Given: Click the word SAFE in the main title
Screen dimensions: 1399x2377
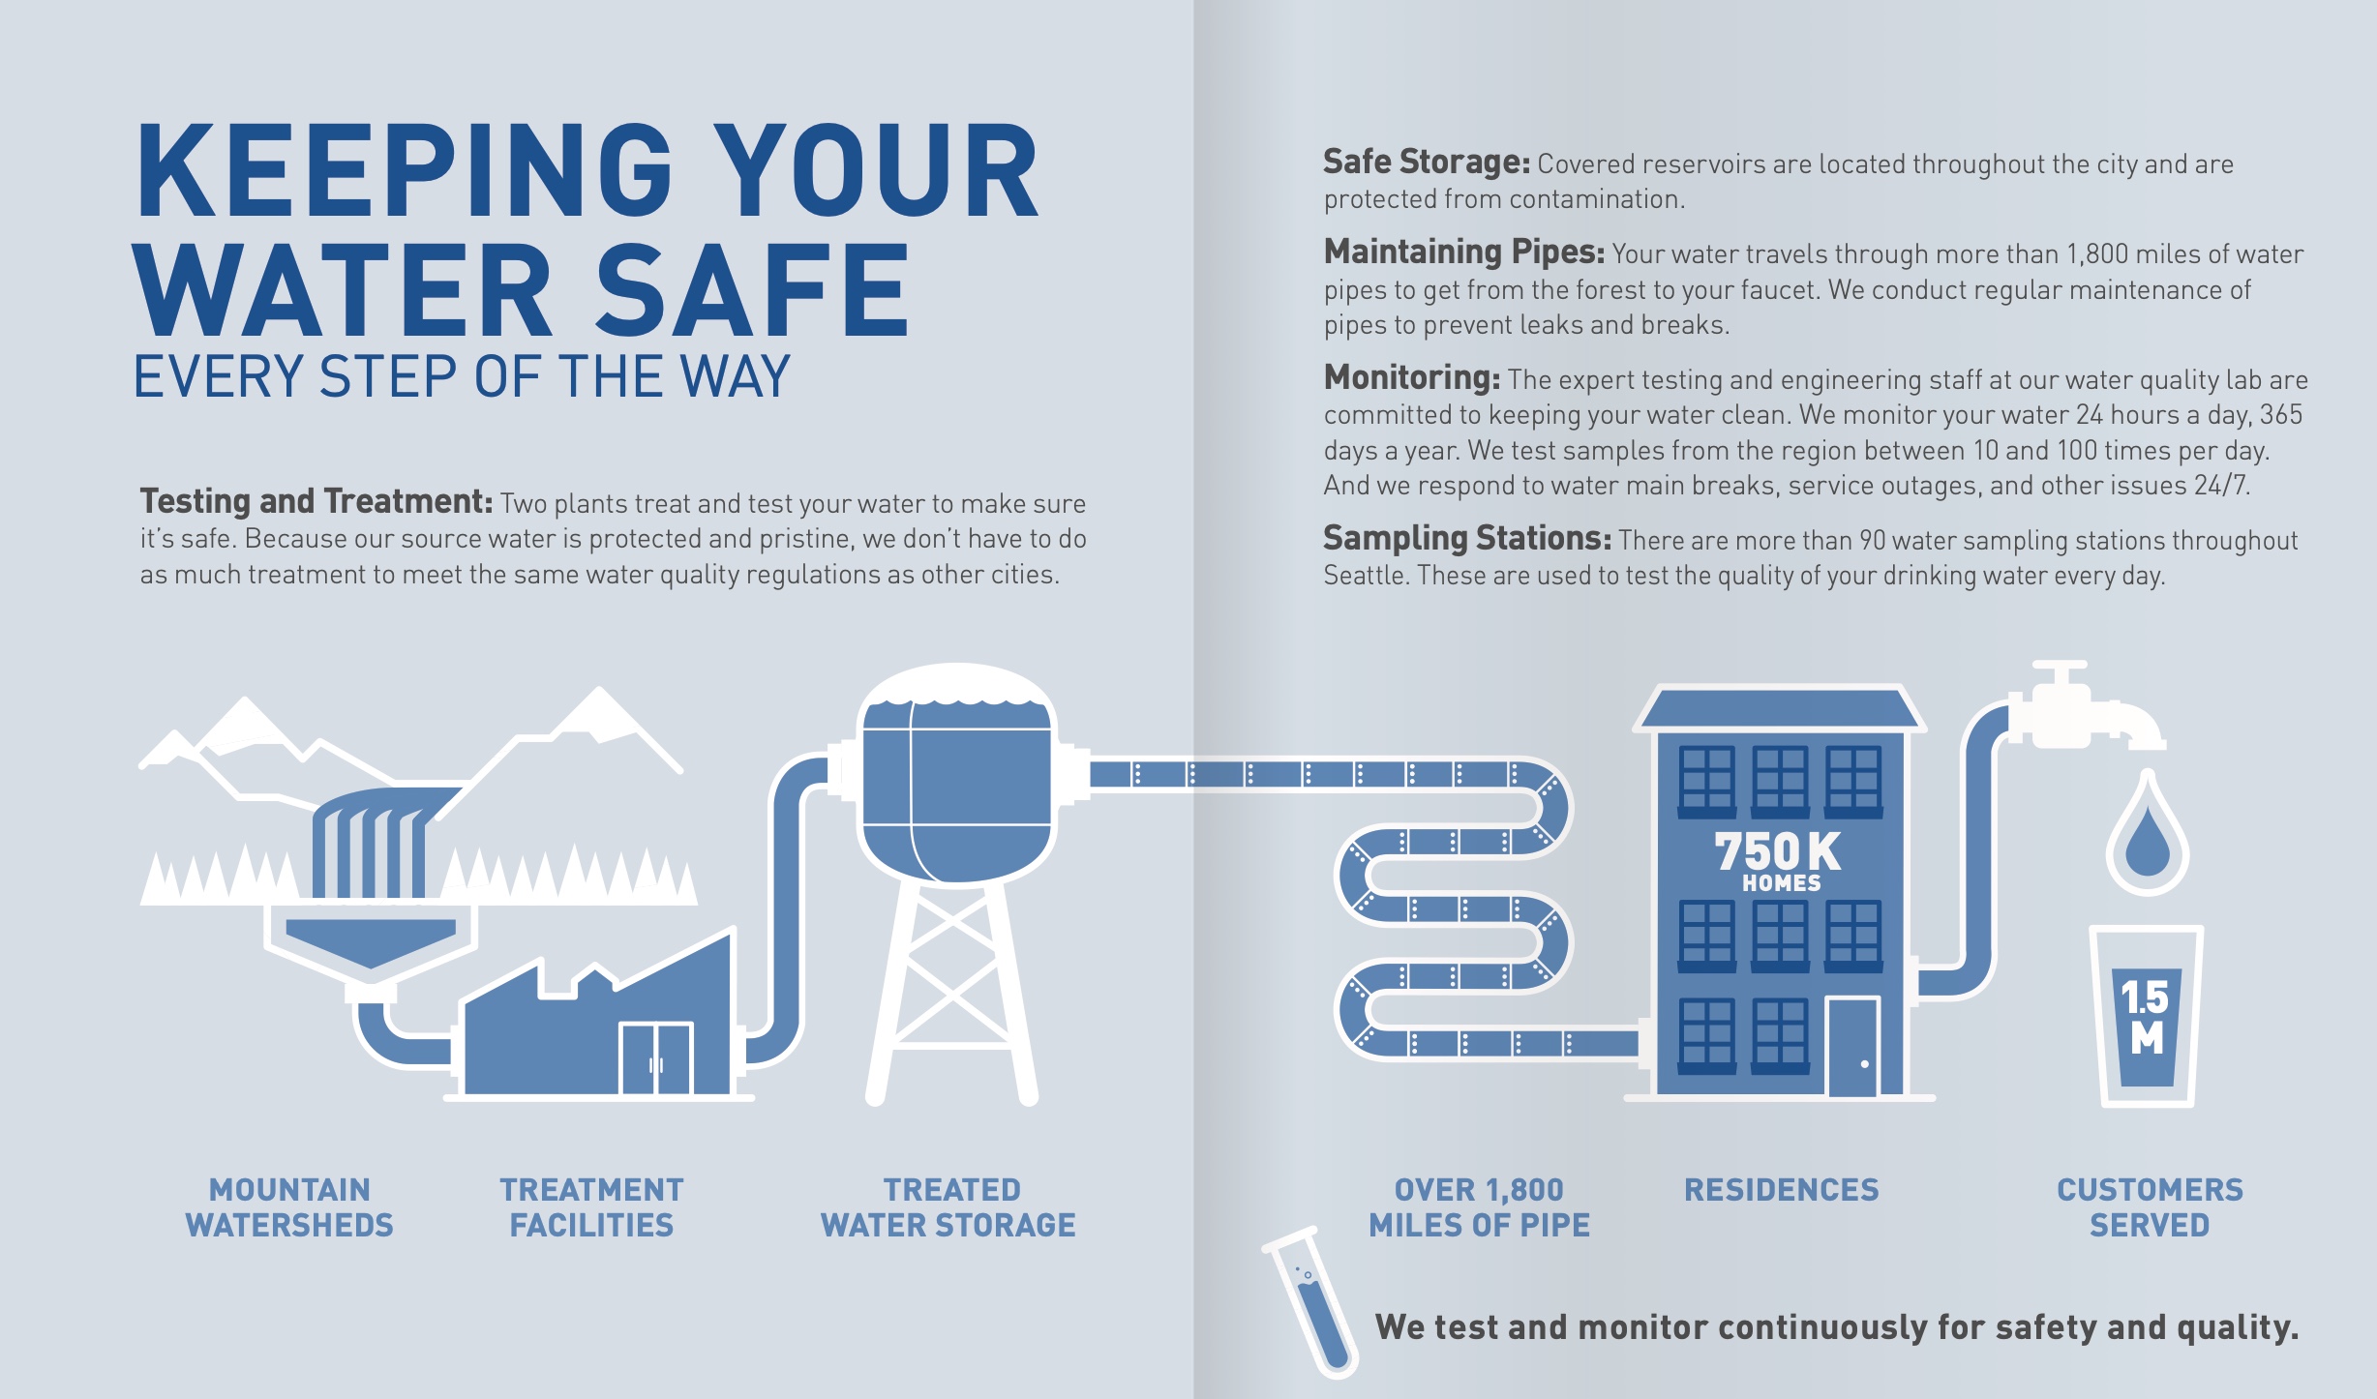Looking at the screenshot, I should point(752,290).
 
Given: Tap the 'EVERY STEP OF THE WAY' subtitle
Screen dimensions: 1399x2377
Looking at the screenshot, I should point(462,376).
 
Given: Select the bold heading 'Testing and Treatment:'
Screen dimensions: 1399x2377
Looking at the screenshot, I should point(316,501).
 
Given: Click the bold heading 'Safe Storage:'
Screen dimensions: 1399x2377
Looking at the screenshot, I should point(1427,162).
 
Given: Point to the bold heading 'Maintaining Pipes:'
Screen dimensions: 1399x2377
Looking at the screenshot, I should point(1464,252).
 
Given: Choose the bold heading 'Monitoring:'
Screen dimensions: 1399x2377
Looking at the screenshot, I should point(1412,377).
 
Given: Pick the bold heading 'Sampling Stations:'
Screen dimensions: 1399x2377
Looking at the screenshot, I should point(1467,538).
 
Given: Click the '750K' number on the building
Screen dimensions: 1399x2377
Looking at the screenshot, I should point(1778,851).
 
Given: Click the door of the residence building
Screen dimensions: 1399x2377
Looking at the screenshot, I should point(1853,1048).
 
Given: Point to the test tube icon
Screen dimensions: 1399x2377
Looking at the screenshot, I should point(1312,1301).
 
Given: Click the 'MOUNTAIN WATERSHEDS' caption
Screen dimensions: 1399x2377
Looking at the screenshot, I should point(289,1207).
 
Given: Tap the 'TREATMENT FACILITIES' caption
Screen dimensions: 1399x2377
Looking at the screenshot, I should point(591,1207).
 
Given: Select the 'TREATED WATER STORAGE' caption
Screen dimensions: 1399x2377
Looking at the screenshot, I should point(948,1207).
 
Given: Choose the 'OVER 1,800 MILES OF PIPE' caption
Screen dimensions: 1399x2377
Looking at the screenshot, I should point(1479,1207).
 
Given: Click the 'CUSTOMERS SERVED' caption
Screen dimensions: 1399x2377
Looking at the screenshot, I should point(2150,1207).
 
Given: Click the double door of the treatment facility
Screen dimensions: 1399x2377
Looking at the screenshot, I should point(656,1059).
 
